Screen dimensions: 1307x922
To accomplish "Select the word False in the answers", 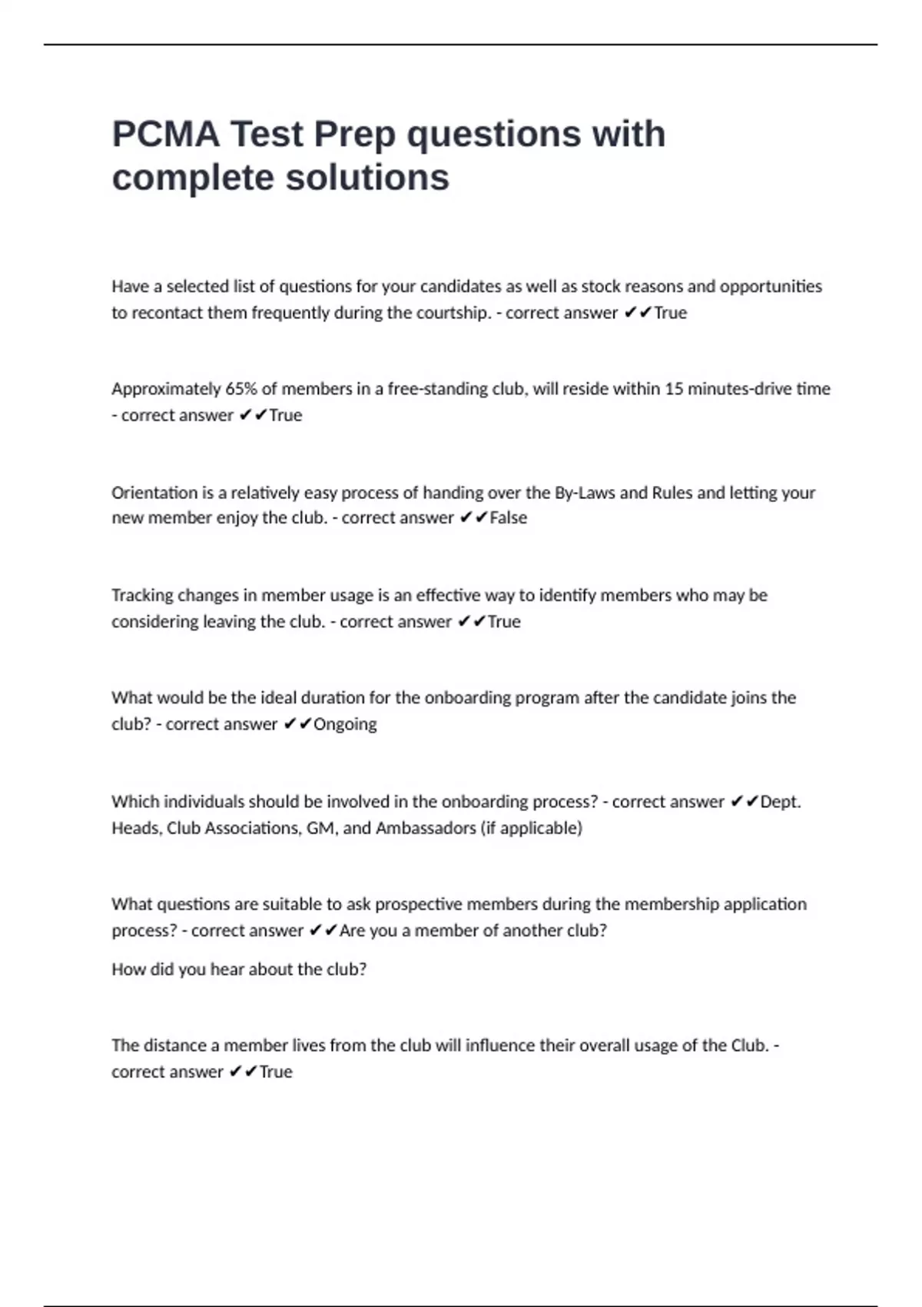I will click(x=509, y=518).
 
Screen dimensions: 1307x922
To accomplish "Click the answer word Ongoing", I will click(x=345, y=724).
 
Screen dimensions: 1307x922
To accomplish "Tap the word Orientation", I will click(x=154, y=493).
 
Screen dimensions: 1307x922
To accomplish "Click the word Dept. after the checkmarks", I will click(x=781, y=802).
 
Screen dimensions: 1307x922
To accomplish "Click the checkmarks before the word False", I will click(x=473, y=518).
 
